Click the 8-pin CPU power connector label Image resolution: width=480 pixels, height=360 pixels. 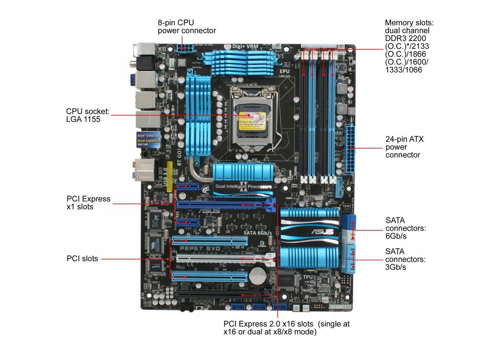[187, 27]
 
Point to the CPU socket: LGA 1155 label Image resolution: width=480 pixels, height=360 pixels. [88, 115]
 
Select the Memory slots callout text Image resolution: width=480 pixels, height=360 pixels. [409, 46]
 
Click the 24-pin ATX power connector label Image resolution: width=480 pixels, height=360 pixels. [404, 147]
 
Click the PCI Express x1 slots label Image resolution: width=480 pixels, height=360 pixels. [88, 202]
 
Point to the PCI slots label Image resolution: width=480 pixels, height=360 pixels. [82, 258]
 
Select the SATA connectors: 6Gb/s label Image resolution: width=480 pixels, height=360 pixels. [405, 228]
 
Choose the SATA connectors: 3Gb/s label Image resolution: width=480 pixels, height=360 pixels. [405, 259]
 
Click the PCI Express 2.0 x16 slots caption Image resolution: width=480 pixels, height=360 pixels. [286, 328]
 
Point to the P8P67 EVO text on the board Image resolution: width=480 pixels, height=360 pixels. [201, 248]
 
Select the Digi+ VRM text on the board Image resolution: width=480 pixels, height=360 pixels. [245, 46]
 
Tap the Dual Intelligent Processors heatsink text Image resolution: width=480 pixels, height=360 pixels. [243, 186]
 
